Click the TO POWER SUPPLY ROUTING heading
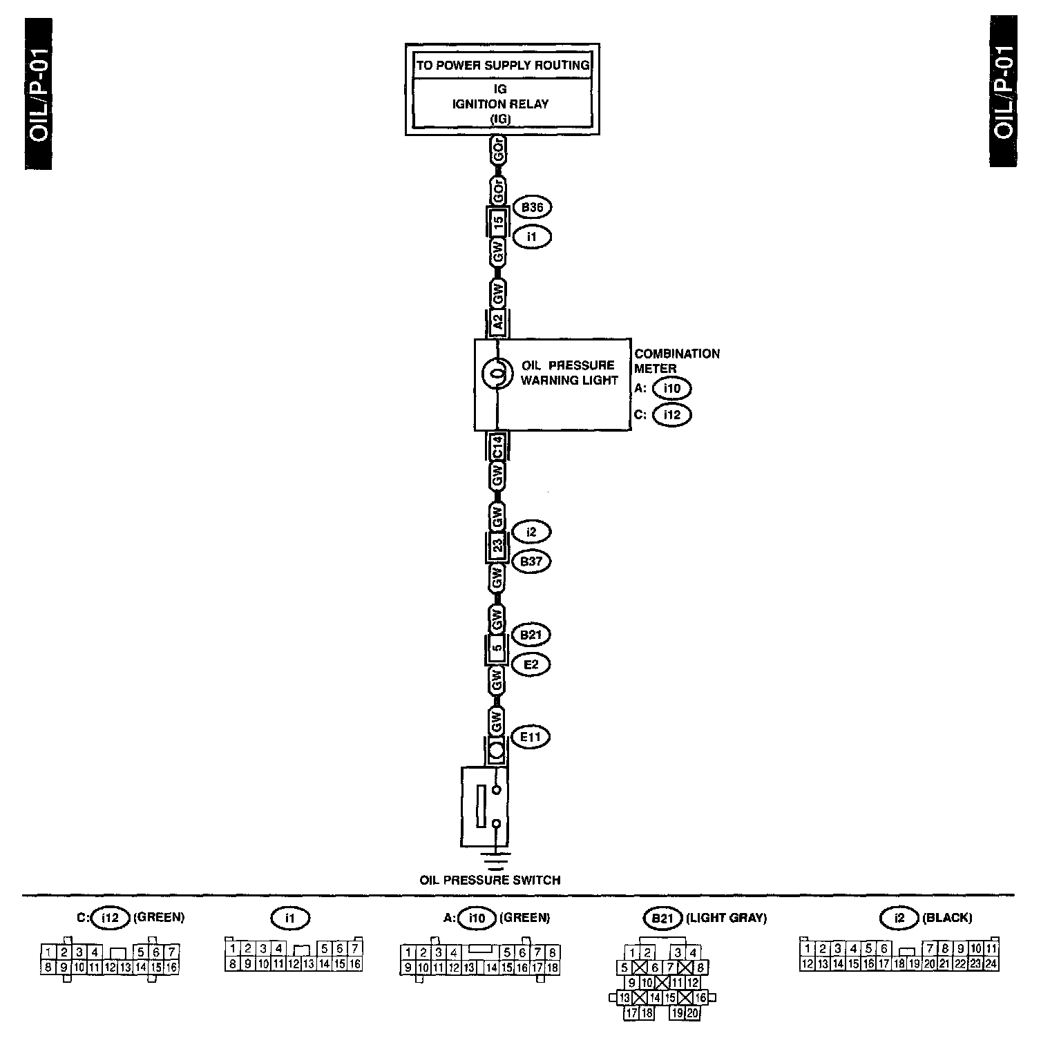(x=502, y=66)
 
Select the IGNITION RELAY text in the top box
(x=501, y=104)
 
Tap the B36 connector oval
(x=532, y=207)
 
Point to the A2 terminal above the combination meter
(x=497, y=322)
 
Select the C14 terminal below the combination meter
(x=497, y=450)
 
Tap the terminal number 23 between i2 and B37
(x=497, y=546)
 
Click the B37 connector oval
(x=531, y=561)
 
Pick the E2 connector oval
(x=531, y=664)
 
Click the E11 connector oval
(x=531, y=737)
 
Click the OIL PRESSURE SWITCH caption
(x=490, y=880)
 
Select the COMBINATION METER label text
(x=676, y=361)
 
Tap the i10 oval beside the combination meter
(x=671, y=389)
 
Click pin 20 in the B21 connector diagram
(x=693, y=1013)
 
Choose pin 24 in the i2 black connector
(x=991, y=963)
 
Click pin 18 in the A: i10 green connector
(x=553, y=968)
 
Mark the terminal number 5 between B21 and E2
(x=497, y=649)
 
